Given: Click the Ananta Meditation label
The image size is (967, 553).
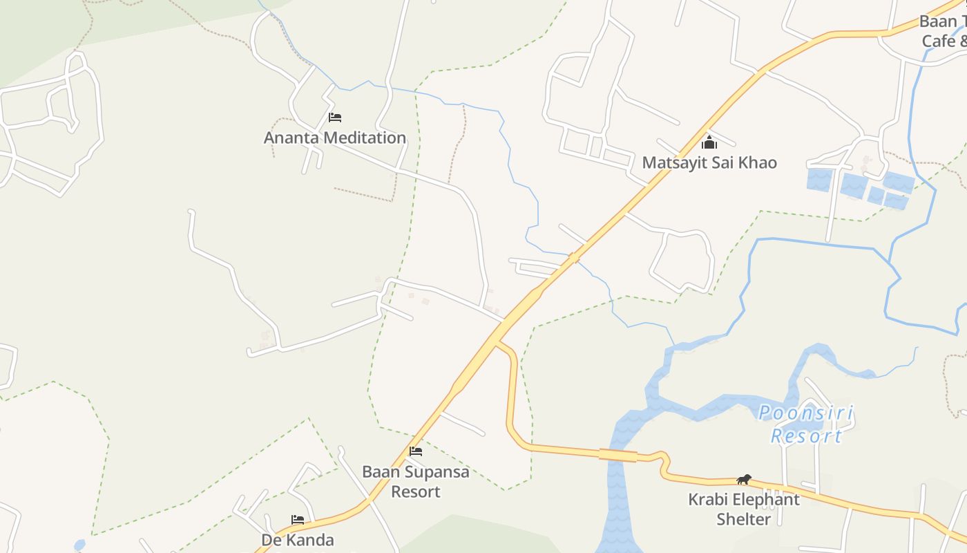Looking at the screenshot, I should point(335,138).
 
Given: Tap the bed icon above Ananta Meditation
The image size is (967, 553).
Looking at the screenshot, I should point(335,118).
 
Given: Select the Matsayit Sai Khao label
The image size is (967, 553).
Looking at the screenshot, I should point(709,163).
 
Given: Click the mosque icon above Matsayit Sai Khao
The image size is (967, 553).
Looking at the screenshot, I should point(709,143).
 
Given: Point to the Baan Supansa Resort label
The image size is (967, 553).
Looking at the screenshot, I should point(416,482).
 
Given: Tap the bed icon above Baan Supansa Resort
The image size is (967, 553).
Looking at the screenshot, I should point(416,451).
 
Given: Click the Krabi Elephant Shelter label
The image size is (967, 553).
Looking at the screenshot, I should point(744,509).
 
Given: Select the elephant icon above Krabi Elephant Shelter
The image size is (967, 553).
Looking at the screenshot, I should point(744,479).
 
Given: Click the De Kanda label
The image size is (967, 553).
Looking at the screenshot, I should point(298,540).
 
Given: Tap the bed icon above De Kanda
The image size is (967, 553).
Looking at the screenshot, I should point(298,519).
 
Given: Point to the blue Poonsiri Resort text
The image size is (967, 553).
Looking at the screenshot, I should point(806,424).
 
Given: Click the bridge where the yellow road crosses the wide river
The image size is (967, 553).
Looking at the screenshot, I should point(617,455).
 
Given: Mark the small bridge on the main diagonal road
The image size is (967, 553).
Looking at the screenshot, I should point(573,258).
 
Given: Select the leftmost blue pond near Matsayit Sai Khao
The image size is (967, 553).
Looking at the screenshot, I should point(820,180).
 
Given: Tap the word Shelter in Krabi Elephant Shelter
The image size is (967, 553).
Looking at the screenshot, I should point(743,518).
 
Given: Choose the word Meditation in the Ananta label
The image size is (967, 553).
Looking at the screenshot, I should point(365,138).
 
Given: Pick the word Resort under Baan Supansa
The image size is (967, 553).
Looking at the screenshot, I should point(416,491).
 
